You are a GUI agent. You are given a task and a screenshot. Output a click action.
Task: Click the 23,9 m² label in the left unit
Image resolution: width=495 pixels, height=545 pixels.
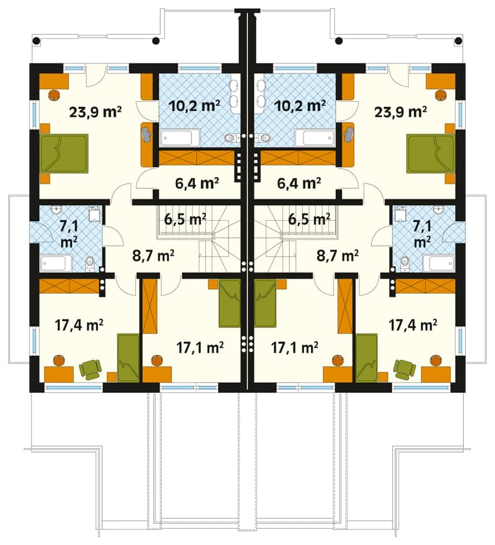(x=95, y=112)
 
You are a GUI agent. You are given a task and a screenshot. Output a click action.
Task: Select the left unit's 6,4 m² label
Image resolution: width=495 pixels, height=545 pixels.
(x=197, y=183)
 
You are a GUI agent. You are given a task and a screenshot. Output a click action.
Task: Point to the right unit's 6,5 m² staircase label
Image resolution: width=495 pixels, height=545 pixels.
(x=309, y=219)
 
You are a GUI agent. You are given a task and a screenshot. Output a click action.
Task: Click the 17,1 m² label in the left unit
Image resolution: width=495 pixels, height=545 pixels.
(x=200, y=347)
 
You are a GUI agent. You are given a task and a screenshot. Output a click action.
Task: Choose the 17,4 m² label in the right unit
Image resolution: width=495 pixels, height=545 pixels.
(x=412, y=325)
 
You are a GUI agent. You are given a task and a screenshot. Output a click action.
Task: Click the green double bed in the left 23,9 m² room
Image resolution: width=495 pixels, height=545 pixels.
(x=64, y=153)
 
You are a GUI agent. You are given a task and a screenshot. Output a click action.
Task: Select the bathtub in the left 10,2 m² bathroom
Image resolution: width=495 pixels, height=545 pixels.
(x=180, y=138)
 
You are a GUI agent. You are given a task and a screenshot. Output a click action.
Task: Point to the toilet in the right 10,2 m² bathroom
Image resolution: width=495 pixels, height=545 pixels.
(x=264, y=138)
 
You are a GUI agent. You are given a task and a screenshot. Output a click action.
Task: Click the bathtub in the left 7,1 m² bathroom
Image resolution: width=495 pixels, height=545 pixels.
(x=57, y=263)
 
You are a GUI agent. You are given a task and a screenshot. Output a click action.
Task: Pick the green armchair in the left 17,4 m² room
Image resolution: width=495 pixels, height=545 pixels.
(x=90, y=369)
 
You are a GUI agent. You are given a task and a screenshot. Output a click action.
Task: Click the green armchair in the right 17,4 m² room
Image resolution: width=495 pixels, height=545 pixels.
(x=405, y=369)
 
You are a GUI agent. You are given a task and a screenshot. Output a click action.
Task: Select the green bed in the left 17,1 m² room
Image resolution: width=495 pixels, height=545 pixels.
(x=230, y=304)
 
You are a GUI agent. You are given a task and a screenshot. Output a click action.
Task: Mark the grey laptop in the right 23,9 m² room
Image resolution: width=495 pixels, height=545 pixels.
(x=349, y=134)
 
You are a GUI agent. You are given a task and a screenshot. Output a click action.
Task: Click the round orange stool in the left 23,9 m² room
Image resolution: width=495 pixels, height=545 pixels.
(x=55, y=94)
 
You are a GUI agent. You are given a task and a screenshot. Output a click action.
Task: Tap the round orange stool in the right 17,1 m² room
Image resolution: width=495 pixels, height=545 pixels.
(x=337, y=360)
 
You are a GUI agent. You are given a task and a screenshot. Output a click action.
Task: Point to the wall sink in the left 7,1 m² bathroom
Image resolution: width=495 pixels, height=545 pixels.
(x=55, y=209)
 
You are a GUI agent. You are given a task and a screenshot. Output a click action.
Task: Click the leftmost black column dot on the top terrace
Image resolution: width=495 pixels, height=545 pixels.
(x=36, y=41)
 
